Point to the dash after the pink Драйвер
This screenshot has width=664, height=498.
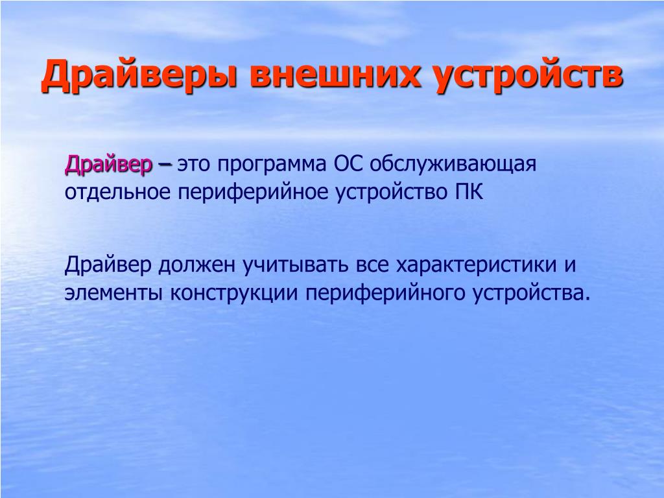tap(165, 165)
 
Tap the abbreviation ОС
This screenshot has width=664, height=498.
tap(349, 164)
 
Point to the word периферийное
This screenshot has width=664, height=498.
tap(254, 193)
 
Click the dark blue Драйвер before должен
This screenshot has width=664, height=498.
tap(108, 265)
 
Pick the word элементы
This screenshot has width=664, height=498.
tap(113, 294)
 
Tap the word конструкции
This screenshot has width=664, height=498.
tap(234, 294)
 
